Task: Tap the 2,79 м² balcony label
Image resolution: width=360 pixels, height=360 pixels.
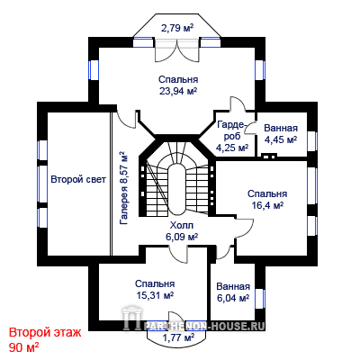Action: [x=177, y=28]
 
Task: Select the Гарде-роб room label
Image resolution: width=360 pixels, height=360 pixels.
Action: [x=232, y=130]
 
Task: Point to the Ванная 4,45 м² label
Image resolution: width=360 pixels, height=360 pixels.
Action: [x=281, y=134]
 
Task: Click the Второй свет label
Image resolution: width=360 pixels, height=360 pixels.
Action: [x=78, y=180]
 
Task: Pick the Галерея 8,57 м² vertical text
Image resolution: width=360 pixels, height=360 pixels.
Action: [x=123, y=188]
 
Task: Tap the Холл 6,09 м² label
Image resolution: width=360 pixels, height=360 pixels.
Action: [x=182, y=231]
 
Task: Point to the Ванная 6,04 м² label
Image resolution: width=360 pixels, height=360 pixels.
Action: [x=233, y=292]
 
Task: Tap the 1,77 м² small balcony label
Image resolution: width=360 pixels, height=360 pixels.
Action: [x=178, y=337]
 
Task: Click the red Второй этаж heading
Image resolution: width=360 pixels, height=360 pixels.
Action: [x=45, y=333]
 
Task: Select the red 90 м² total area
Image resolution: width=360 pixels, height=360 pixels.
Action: [x=23, y=348]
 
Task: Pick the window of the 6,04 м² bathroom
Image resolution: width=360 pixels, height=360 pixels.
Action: [x=260, y=299]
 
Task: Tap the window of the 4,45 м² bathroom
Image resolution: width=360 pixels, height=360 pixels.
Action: [x=312, y=141]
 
